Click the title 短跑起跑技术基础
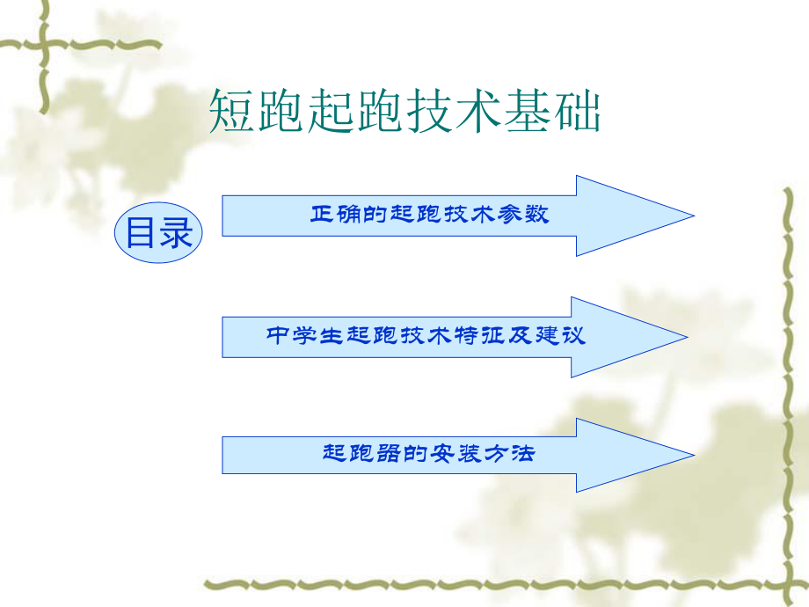point(405,113)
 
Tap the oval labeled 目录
point(158,234)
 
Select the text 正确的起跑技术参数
point(429,215)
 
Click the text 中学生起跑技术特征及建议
point(426,336)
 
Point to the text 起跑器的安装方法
point(428,455)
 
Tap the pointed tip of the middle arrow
point(687,337)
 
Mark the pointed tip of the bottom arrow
point(694,455)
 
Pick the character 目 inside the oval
point(141,234)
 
